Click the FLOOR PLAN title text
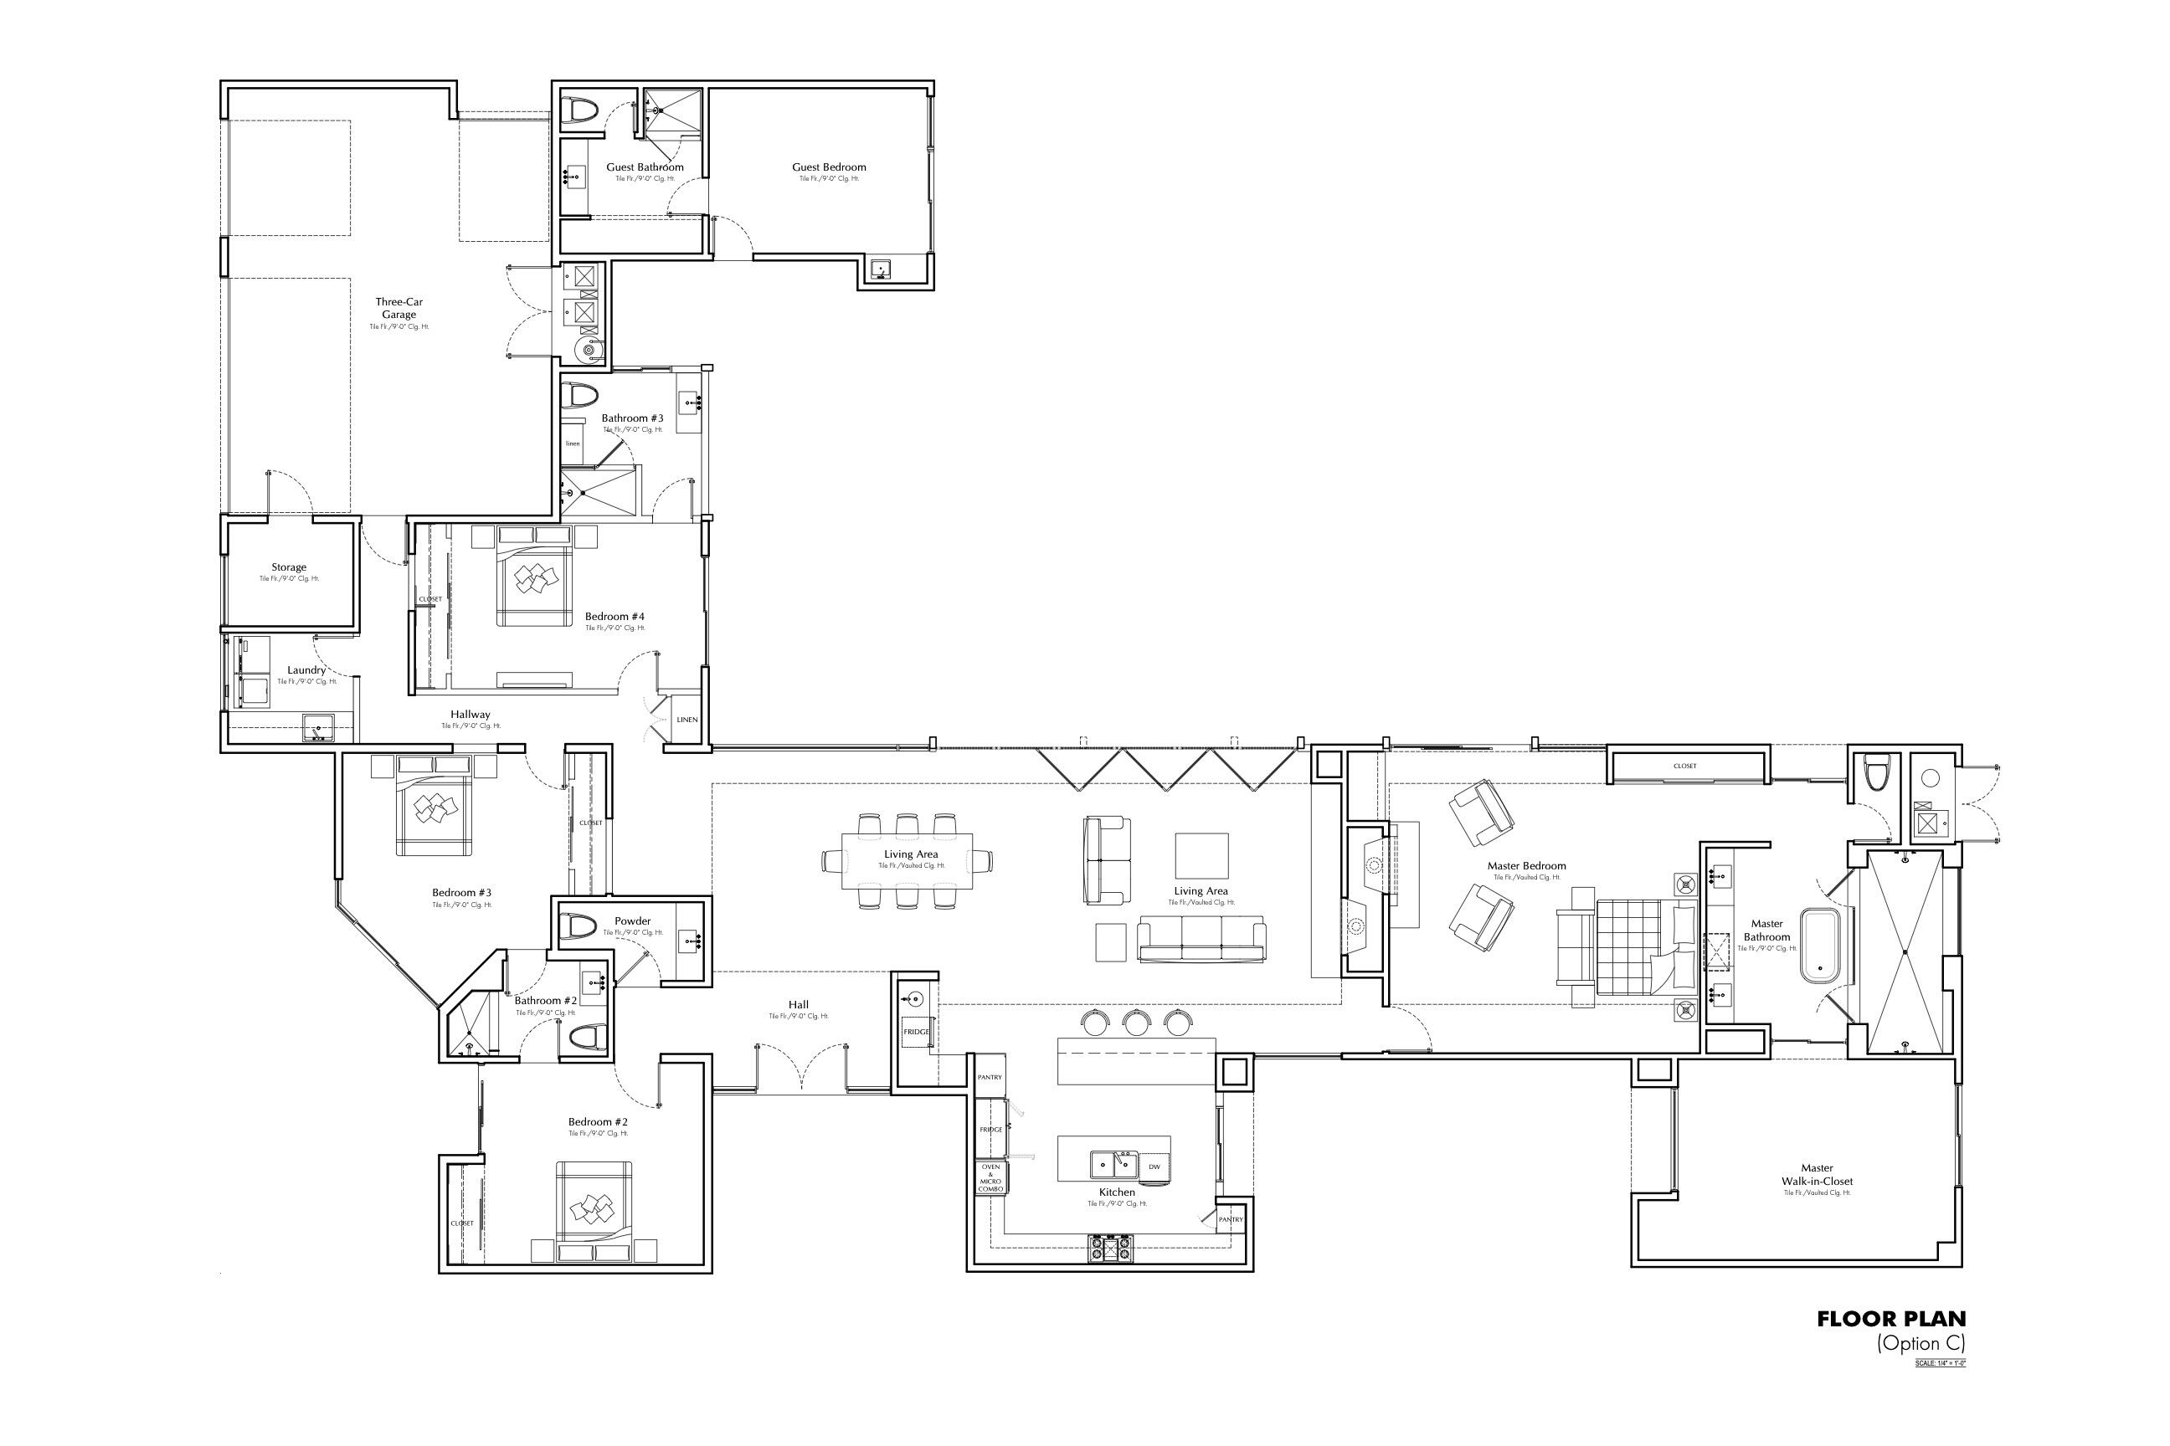(x=1890, y=1320)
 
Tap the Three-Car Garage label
(x=399, y=308)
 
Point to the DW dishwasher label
(x=1154, y=1167)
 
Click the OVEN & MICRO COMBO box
(x=990, y=1177)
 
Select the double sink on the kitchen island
(x=1114, y=1165)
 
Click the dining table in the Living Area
(x=908, y=860)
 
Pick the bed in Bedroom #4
(x=536, y=577)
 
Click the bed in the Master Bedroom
(x=1634, y=947)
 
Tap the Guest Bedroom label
(x=829, y=167)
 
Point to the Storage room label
(x=289, y=568)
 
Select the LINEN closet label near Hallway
(x=687, y=720)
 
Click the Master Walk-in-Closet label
(x=1817, y=1174)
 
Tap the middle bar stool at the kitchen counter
(x=1137, y=1022)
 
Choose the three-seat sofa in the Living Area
(x=1201, y=940)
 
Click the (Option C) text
(x=1920, y=1343)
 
